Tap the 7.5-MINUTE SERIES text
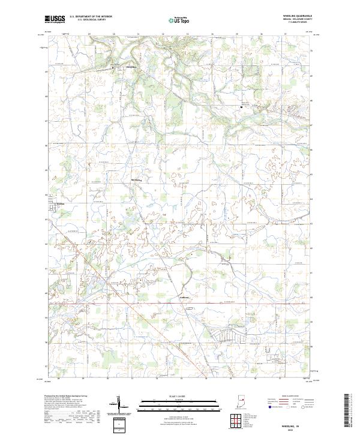[x=302, y=24]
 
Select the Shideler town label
[x=59, y=203]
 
